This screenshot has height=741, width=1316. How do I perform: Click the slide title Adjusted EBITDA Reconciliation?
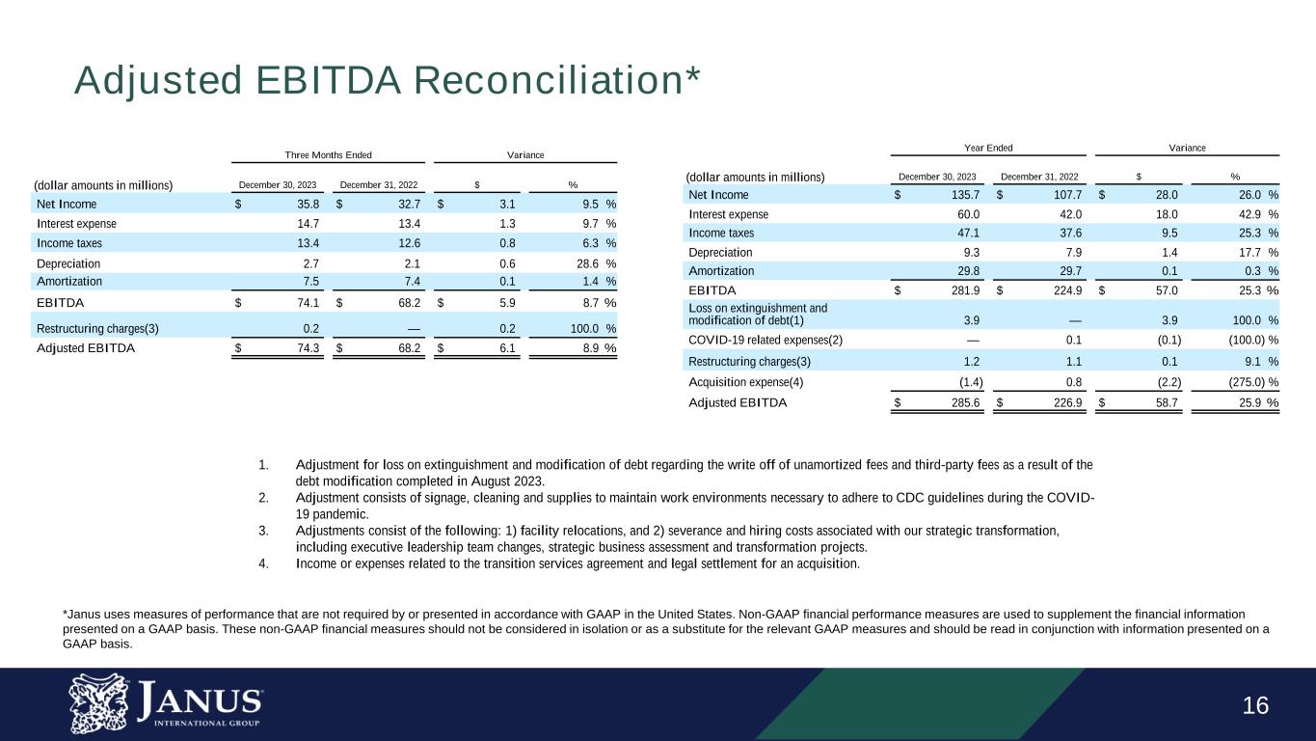387,82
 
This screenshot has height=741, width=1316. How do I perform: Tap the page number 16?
1255,705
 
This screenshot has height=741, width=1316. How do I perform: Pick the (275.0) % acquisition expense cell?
1245,381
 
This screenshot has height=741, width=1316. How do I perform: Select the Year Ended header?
988,148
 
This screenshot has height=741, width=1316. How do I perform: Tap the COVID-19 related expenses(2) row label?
765,340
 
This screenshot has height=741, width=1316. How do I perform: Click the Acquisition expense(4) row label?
745,381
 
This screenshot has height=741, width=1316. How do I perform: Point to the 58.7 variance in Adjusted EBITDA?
1166,403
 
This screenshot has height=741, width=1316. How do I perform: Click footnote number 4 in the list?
264,563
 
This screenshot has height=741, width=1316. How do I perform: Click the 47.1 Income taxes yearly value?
967,233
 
